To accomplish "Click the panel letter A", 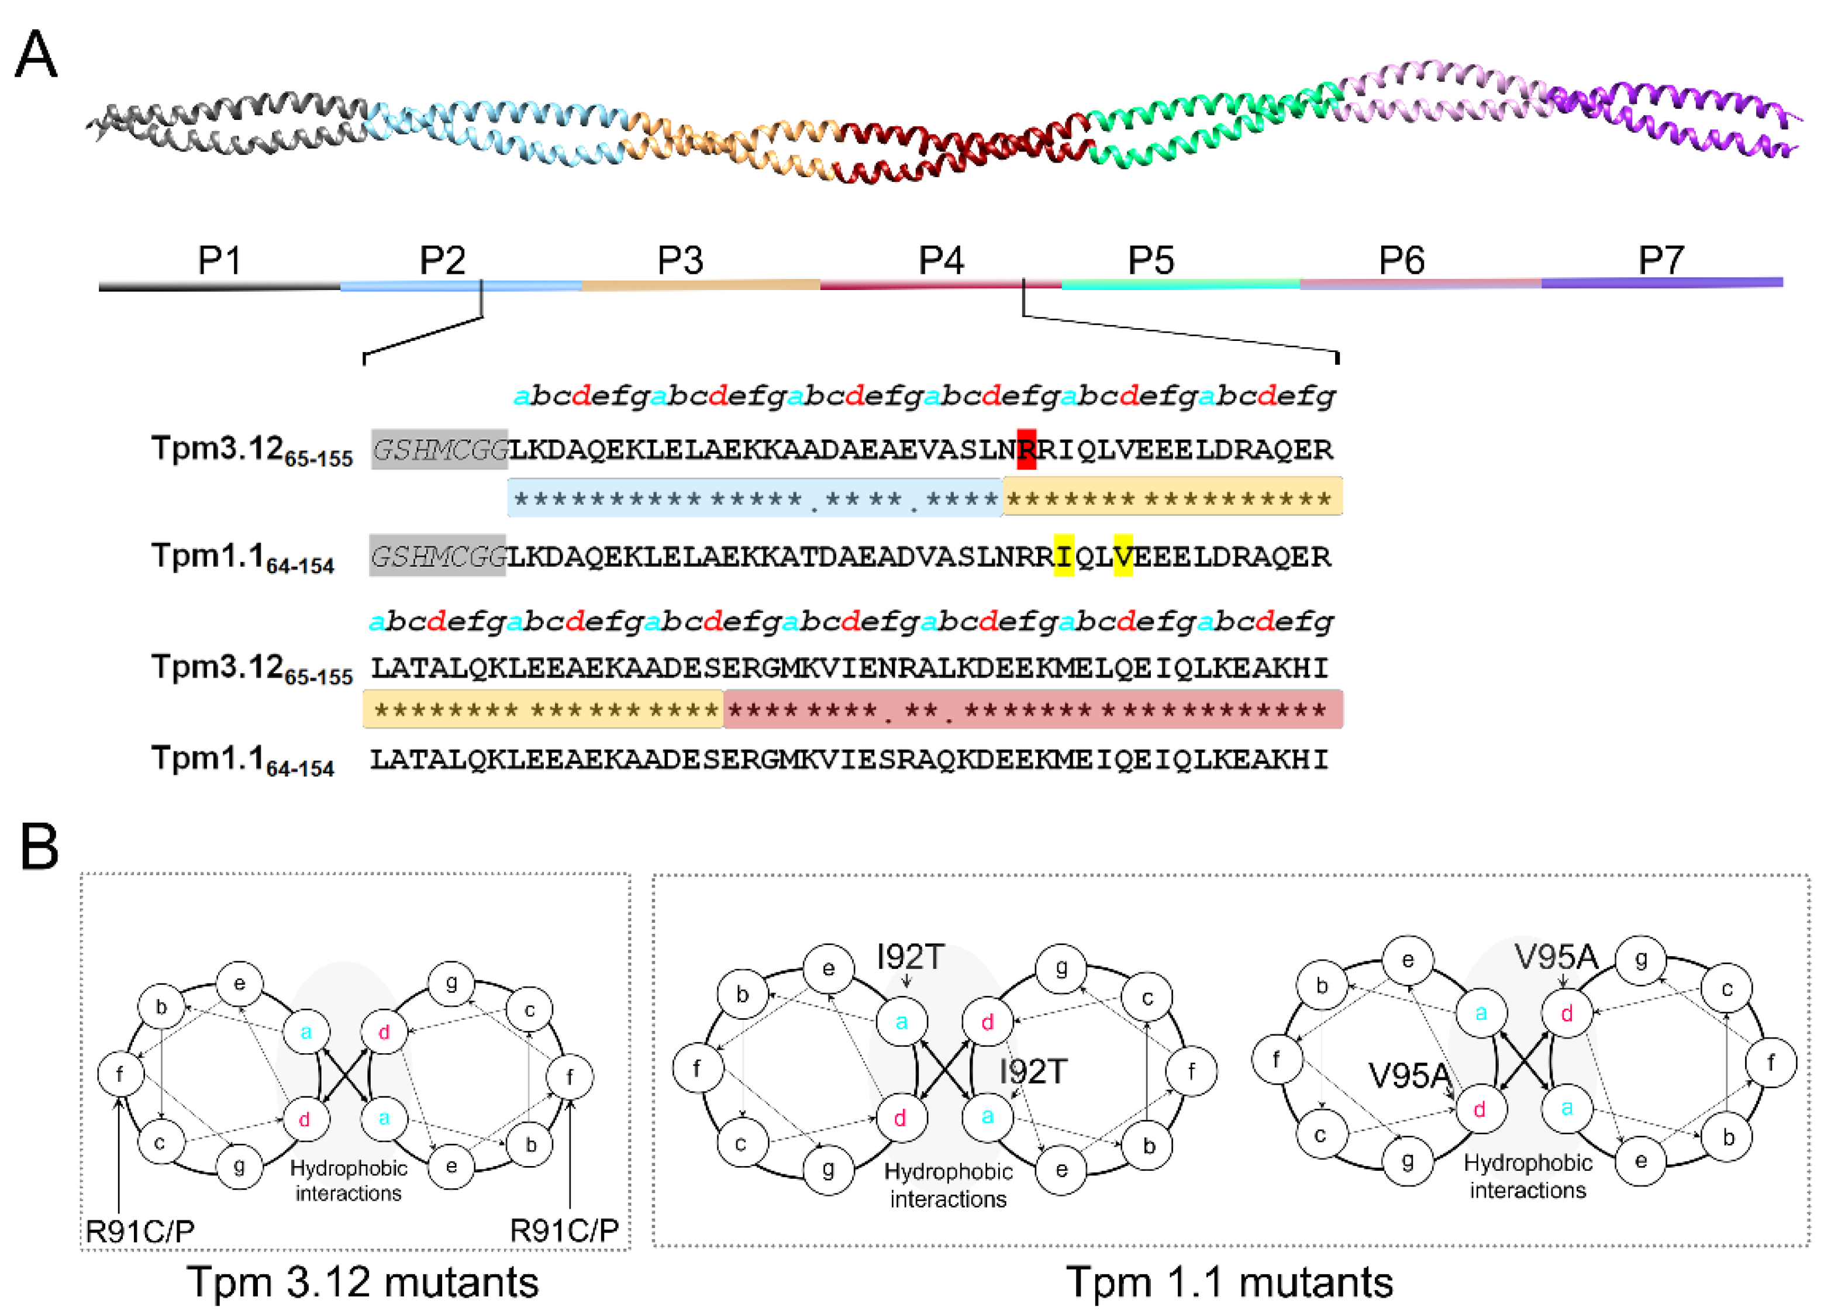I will click(36, 55).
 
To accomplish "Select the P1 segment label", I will click(219, 261).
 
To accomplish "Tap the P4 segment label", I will click(942, 261).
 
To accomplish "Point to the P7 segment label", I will click(1661, 261).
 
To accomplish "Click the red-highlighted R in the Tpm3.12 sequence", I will click(1026, 449).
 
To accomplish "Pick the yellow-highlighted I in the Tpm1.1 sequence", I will click(1064, 556).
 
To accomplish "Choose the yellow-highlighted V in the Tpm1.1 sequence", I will click(1123, 556).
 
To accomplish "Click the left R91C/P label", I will click(140, 1230).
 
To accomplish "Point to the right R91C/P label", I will click(564, 1230).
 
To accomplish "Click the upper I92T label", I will click(910, 957).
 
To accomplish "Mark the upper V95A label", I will click(1556, 957).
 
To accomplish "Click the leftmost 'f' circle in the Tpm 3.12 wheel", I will click(120, 1074).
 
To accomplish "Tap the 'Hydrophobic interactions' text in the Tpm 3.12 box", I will click(348, 1181).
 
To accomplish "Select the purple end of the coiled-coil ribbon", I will click(1739, 122).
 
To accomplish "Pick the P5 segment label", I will click(1150, 261).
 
